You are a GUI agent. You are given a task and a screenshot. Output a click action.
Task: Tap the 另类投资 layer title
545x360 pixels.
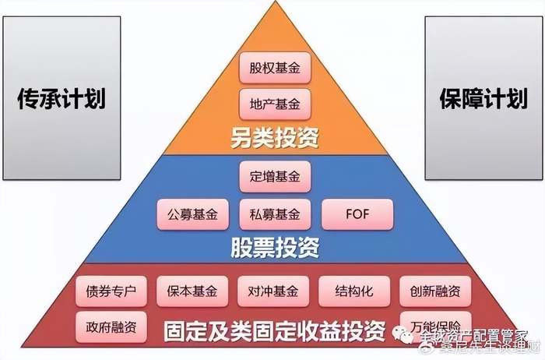click(x=275, y=139)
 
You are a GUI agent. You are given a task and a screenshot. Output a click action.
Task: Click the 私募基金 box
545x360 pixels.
click(x=275, y=214)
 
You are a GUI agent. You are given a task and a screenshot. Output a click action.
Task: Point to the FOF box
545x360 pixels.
click(x=358, y=214)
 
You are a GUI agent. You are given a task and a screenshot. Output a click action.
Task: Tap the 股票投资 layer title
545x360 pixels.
click(x=275, y=248)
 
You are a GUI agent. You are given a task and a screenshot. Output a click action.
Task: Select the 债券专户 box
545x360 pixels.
click(x=111, y=292)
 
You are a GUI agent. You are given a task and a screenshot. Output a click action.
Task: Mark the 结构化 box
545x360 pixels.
click(x=354, y=292)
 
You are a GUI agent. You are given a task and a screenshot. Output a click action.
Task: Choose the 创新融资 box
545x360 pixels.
click(x=435, y=292)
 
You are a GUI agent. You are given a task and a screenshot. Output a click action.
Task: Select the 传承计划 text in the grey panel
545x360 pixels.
click(x=62, y=100)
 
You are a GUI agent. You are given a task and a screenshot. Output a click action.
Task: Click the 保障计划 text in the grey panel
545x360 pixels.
click(x=483, y=100)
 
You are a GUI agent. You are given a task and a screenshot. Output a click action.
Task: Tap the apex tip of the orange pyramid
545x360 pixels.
click(x=275, y=4)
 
